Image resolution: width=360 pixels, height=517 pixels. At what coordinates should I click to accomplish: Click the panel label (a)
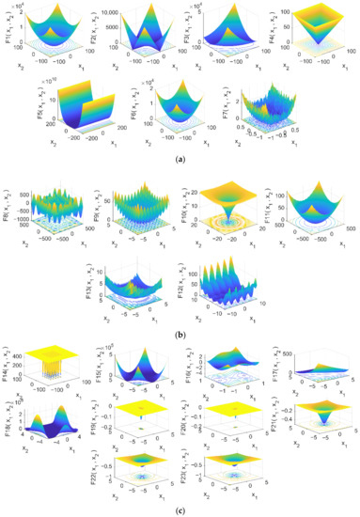[x=179, y=158]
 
